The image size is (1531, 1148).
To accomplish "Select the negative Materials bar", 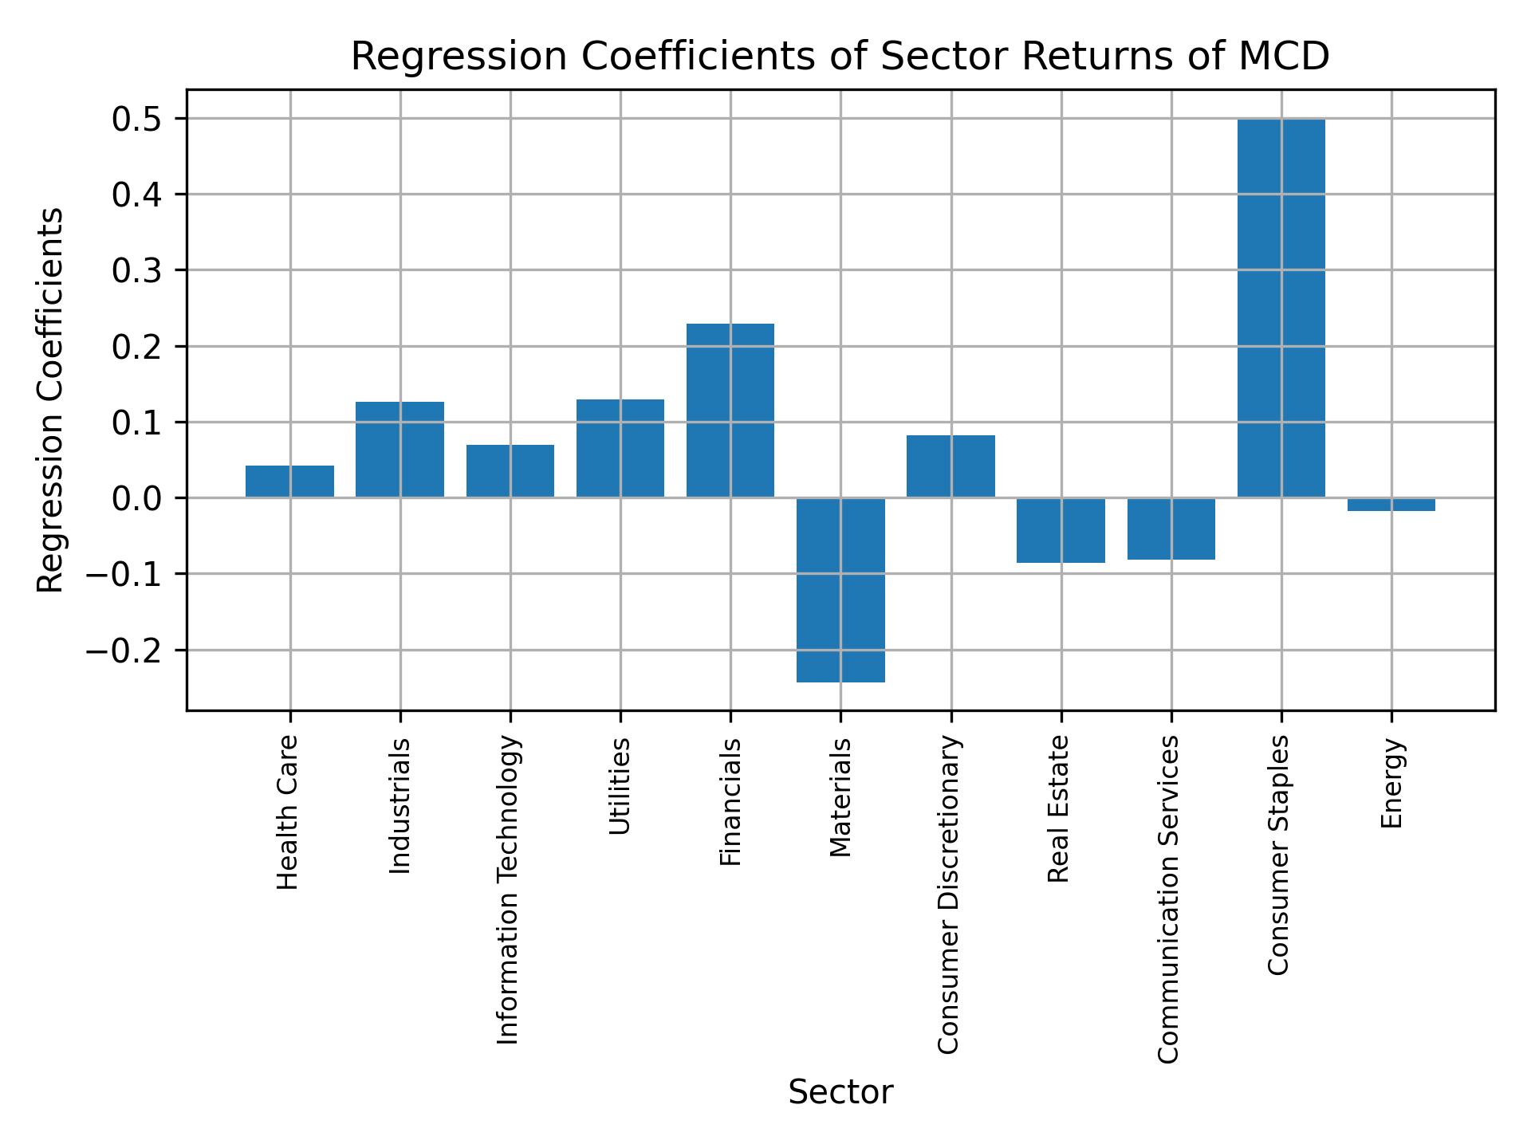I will click(x=840, y=590).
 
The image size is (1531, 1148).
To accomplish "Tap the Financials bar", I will click(x=730, y=411).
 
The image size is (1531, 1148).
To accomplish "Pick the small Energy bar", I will click(x=1391, y=505).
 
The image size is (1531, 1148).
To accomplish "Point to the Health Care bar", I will click(x=289, y=482).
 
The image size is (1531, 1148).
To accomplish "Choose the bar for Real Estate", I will click(x=1061, y=530).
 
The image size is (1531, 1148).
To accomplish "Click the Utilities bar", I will click(x=620, y=448).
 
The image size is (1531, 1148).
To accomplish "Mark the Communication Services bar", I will click(x=1171, y=529).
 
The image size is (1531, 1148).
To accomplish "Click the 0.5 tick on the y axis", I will click(x=136, y=120).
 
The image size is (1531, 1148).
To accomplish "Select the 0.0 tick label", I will click(x=136, y=499).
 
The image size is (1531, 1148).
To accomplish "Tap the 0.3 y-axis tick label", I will click(x=136, y=271).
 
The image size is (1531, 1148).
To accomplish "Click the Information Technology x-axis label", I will click(x=509, y=890).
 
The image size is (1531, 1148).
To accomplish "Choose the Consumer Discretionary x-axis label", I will click(x=948, y=894).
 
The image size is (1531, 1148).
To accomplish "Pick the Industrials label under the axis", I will click(x=399, y=805).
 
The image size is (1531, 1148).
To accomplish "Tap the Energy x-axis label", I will click(x=1391, y=783).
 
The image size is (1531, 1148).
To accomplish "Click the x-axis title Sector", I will click(x=840, y=1092).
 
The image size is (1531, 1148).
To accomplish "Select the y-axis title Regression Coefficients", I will click(x=51, y=400).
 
